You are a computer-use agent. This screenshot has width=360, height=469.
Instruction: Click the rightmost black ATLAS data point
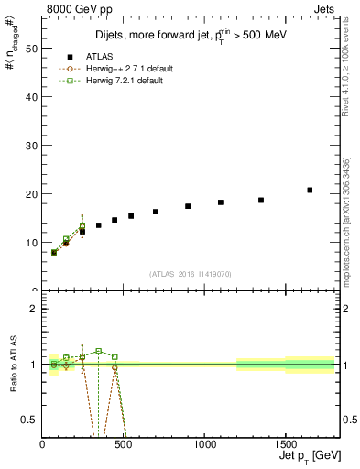(310, 191)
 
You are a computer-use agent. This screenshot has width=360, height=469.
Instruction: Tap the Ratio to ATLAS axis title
(14, 367)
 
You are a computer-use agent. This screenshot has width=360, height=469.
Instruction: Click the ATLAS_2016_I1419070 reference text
(191, 273)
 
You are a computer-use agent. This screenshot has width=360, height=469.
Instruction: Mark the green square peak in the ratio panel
(98, 351)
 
